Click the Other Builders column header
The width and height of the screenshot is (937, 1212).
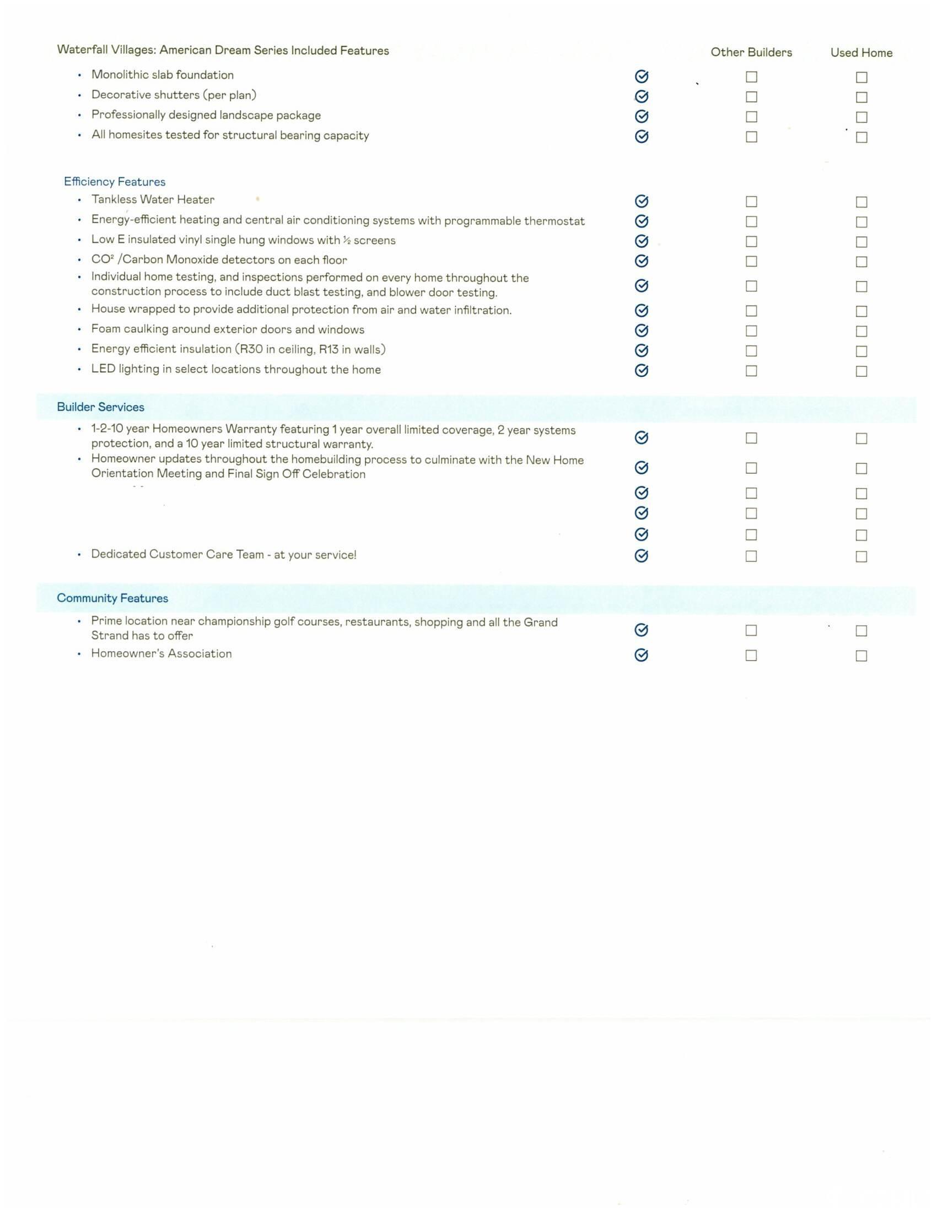pos(751,52)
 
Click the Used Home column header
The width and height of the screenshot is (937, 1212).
pos(861,53)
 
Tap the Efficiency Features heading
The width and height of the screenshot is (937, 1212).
pos(114,181)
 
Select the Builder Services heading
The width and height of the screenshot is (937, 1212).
pos(100,407)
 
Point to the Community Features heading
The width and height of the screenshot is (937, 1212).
pos(112,598)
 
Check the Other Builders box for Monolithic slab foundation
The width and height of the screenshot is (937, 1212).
pos(751,77)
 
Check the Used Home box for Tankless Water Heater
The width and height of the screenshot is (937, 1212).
pos(861,202)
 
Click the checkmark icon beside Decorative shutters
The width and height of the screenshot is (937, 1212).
pos(641,96)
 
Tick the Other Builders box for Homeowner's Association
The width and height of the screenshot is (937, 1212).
pos(751,656)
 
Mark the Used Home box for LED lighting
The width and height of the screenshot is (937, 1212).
pos(861,371)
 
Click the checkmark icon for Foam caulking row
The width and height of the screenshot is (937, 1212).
pos(641,331)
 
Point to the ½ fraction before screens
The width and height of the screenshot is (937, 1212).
pos(347,240)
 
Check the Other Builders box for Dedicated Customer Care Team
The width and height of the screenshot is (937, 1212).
pos(751,556)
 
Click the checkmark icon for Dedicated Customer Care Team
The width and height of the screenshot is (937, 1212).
pos(641,555)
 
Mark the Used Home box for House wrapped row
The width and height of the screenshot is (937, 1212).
pos(861,311)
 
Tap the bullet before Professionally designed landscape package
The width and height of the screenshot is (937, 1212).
pos(79,116)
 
